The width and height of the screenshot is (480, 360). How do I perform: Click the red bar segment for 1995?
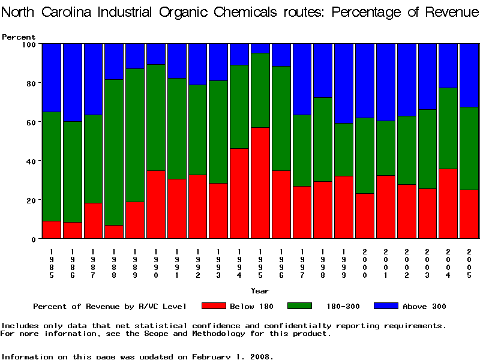coord(260,182)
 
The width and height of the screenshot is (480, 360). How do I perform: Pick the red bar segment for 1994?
coord(239,193)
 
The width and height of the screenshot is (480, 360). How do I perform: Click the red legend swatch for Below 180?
coord(214,306)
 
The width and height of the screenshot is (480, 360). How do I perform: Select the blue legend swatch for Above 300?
coord(386,306)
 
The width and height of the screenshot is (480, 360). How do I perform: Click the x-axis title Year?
coord(260,291)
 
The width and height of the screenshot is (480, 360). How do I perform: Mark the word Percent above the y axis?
coord(19,37)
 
